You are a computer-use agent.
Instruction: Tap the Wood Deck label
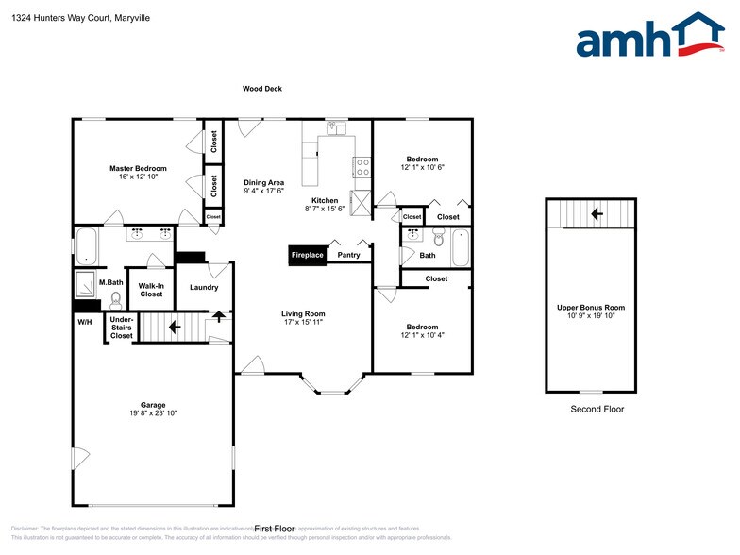[x=262, y=89]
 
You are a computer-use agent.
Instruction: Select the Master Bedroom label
[x=137, y=168]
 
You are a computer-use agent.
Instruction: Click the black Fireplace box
[x=307, y=255]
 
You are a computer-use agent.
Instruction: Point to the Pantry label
[x=348, y=255]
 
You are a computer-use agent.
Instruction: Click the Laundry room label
[x=204, y=288]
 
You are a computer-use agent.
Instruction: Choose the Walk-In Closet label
[x=151, y=289]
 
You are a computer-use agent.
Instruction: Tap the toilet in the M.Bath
[x=116, y=300]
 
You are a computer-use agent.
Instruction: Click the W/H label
[x=85, y=322]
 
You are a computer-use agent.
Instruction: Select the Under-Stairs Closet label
[x=122, y=328]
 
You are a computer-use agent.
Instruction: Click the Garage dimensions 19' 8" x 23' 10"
[x=154, y=413]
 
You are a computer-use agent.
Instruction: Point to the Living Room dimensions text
[x=303, y=323]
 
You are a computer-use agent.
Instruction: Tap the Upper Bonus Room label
[x=590, y=308]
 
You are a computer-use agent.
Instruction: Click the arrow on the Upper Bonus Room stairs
[x=596, y=214]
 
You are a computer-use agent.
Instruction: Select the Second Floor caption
[x=597, y=409]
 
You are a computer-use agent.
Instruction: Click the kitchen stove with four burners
[x=362, y=167]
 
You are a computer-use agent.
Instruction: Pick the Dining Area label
[x=263, y=183]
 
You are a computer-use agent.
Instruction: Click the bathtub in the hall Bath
[x=460, y=247]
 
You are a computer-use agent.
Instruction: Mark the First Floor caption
[x=275, y=529]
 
